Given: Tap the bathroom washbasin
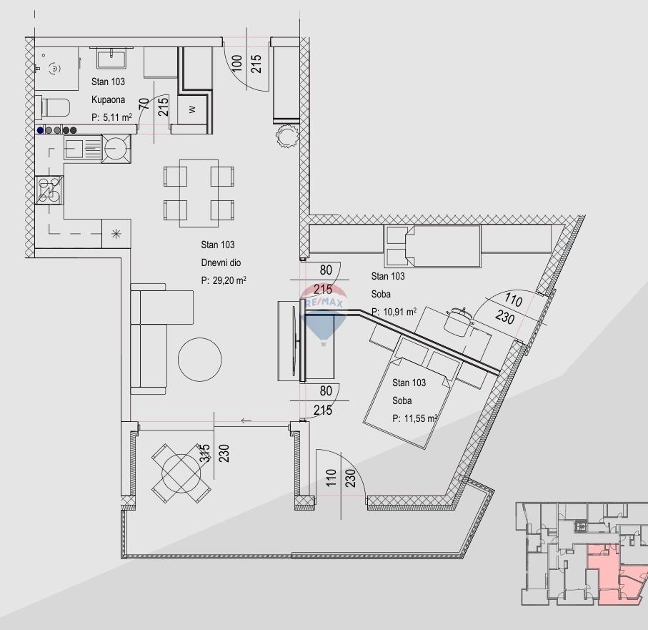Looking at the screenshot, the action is (x=111, y=58).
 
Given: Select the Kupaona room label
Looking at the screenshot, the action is (x=108, y=99).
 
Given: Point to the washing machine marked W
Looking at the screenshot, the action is (x=192, y=109).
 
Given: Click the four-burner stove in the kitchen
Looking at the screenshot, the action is (x=49, y=190).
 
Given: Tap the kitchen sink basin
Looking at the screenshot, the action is (x=74, y=148).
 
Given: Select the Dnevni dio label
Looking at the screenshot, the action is (x=221, y=262).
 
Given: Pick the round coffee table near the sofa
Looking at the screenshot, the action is (x=199, y=359).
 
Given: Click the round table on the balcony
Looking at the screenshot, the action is (x=181, y=473).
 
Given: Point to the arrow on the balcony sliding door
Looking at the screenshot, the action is (x=246, y=421).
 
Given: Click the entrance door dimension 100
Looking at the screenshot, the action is (x=236, y=64).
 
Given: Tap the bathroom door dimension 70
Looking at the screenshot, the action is (x=144, y=104).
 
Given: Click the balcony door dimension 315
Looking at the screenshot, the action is (x=205, y=453).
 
